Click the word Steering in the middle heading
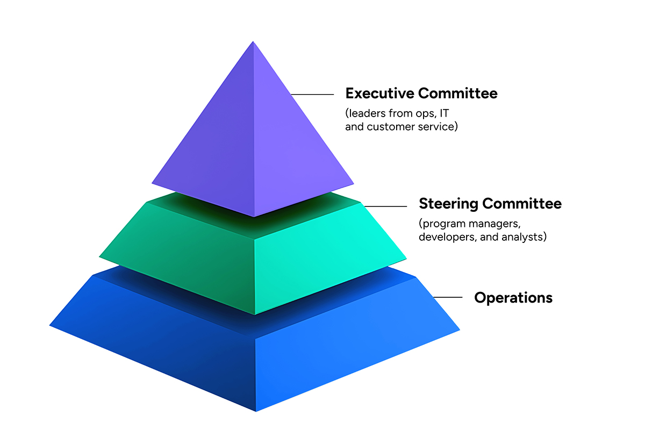(448, 204)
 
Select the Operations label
(513, 297)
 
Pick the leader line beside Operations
(448, 297)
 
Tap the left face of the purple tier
(215, 145)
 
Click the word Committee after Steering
(521, 204)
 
